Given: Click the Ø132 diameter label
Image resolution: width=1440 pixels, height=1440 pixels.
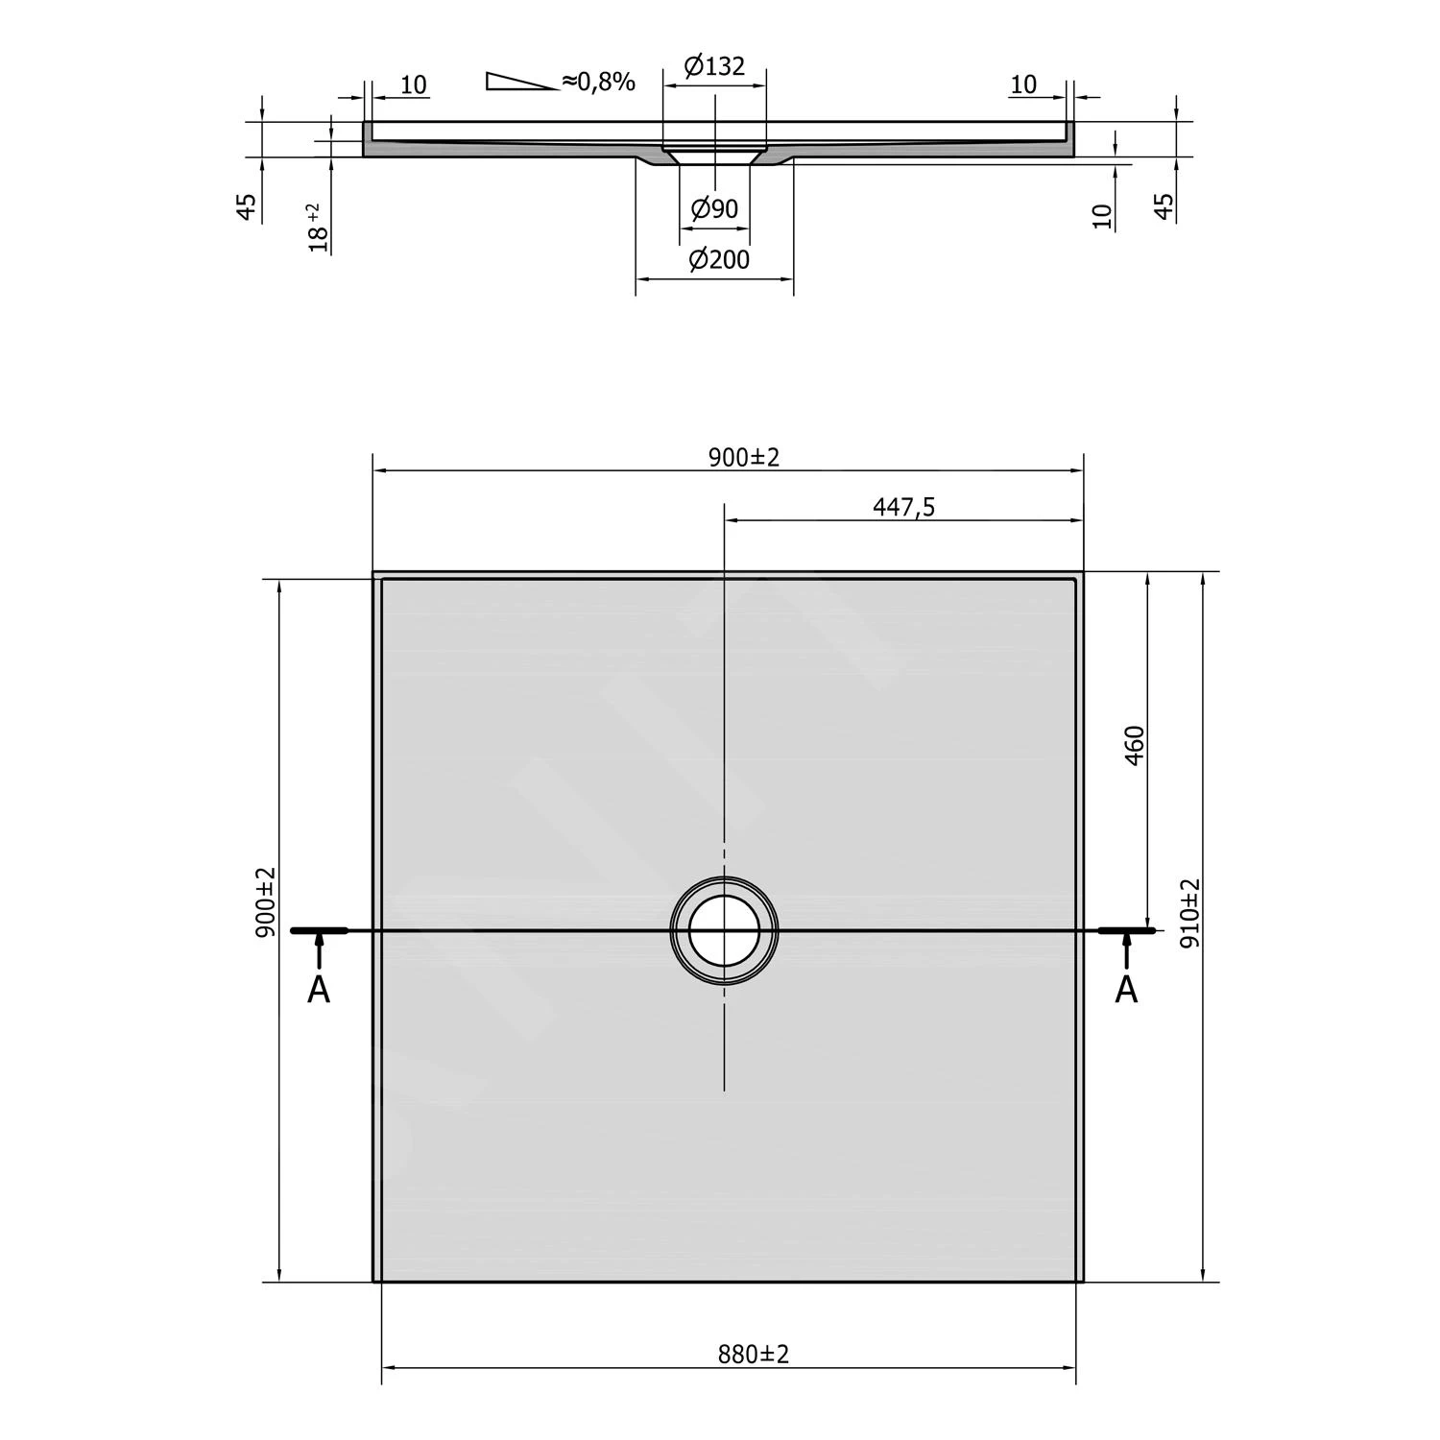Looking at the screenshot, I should point(714,66).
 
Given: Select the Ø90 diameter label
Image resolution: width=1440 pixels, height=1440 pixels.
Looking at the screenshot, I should point(714,208).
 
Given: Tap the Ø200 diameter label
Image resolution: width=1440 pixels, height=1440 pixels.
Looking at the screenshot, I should point(719,259).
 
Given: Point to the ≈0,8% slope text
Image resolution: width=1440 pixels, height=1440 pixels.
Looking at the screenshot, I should point(599,82).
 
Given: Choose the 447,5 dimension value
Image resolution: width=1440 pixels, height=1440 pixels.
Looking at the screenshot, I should point(903,507).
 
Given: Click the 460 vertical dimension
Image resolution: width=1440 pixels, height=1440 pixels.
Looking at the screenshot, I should point(1134,745).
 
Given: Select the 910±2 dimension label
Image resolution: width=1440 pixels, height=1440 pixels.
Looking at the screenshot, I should point(1189,913).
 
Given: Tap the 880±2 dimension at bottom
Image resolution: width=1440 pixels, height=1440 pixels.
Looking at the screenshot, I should point(753,1355).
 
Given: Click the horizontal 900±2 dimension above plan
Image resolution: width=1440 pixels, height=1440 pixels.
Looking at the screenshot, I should point(744,457).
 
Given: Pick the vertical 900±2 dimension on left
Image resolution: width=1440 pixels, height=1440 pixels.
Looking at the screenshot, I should point(266,901).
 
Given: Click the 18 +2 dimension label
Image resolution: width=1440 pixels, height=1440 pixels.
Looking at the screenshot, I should point(318,228).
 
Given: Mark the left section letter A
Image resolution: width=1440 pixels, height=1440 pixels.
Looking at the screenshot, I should point(319,990).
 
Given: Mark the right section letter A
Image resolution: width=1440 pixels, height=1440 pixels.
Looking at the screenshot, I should point(1126,990).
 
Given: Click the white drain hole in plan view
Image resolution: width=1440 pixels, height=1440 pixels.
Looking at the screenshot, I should point(724,930).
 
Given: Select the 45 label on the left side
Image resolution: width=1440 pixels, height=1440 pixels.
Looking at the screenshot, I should point(247,207).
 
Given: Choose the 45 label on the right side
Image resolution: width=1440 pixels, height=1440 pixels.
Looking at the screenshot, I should point(1164,206).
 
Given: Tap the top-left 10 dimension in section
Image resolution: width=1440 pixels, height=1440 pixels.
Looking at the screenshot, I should point(413,84).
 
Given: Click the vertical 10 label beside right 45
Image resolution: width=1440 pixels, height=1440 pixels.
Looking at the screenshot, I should point(1103,216).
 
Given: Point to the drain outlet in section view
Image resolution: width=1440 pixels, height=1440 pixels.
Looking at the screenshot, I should point(715,156).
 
